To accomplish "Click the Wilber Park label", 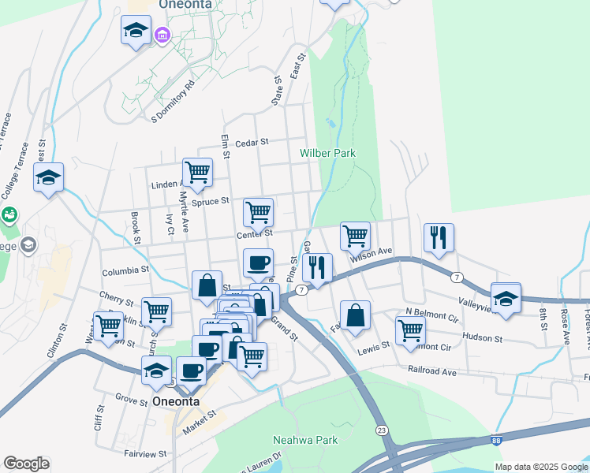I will coord(327,153).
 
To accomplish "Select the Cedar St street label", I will coord(252,142).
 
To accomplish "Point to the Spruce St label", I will coord(211,201).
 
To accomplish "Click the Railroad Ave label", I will coord(432,369).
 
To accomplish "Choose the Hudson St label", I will coord(482,338).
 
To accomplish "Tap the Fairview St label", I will coord(145,454).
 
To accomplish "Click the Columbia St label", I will coord(125,270).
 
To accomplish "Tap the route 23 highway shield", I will coord(382,430).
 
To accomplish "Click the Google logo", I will coord(25,464).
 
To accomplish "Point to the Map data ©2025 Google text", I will coord(540,467).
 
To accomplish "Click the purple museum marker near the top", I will coord(163,34).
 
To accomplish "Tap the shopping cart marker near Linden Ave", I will coord(196,171).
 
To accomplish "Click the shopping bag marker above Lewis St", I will coord(355,314).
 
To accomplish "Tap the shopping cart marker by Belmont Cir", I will coord(410,332).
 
